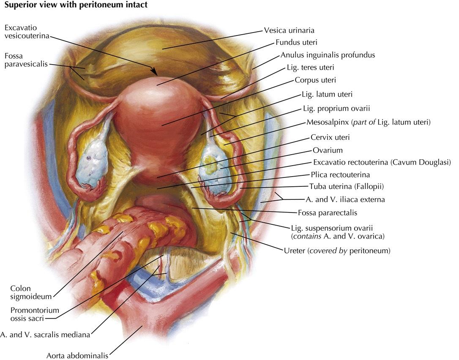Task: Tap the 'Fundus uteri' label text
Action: pyautogui.click(x=296, y=42)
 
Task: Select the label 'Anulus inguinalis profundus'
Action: pyautogui.click(x=328, y=55)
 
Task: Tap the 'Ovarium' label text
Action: pyautogui.click(x=328, y=150)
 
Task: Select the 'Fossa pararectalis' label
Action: pyautogui.click(x=325, y=213)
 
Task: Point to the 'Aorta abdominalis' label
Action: pyautogui.click(x=78, y=355)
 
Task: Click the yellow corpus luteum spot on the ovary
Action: pyautogui.click(x=212, y=169)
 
